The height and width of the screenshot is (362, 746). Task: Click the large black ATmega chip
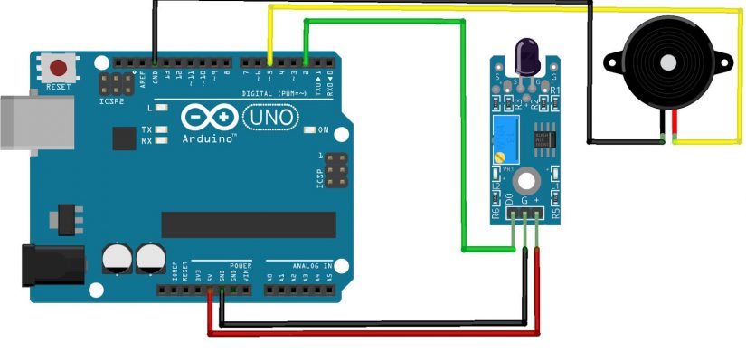pyautogui.click(x=248, y=224)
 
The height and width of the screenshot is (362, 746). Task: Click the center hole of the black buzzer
pyautogui.click(x=668, y=63)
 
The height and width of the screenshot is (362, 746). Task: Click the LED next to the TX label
pyautogui.click(x=162, y=130)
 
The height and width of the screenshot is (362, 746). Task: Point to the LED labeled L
pyautogui.click(x=162, y=108)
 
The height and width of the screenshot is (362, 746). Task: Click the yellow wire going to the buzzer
pyautogui.click(x=506, y=8)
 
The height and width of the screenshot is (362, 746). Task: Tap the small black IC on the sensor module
pyautogui.click(x=543, y=138)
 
